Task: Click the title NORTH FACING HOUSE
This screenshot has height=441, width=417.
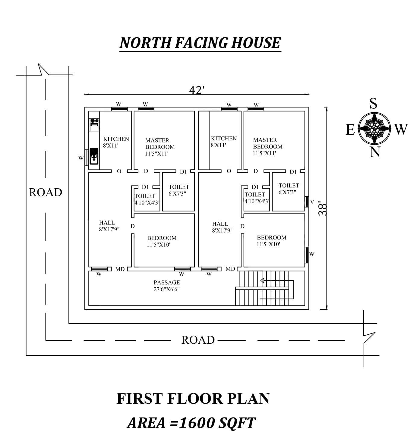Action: click(200, 43)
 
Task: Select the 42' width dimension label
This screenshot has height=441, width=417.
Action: click(197, 90)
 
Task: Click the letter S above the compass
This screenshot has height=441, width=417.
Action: click(373, 104)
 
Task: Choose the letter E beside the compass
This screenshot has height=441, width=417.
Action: click(350, 130)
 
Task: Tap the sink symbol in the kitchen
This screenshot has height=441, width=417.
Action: click(94, 156)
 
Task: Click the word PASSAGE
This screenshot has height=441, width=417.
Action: click(167, 283)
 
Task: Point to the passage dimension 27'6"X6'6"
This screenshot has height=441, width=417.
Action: click(167, 289)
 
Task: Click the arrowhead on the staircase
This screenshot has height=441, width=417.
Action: click(262, 281)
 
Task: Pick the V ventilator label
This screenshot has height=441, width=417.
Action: click(312, 202)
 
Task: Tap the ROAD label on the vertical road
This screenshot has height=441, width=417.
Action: click(46, 192)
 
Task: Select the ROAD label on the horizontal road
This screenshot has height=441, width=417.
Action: click(198, 340)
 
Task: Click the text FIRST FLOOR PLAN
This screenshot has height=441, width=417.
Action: click(193, 399)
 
